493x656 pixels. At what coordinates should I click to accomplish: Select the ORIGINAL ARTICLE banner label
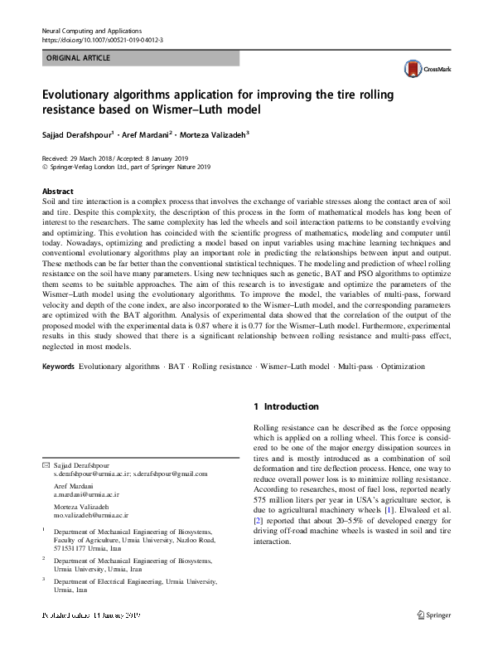pos(75,58)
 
